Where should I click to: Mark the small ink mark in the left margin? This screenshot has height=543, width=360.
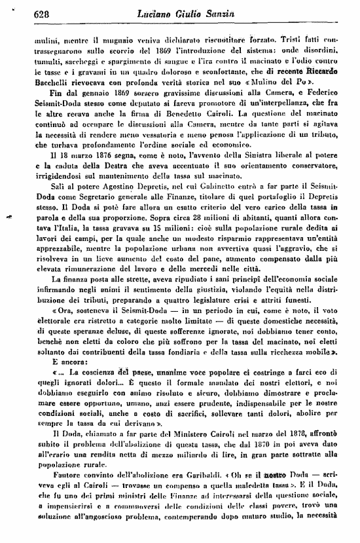pyautogui.click(x=10, y=215)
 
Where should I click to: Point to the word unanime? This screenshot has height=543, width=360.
pyautogui.click(x=166, y=373)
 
